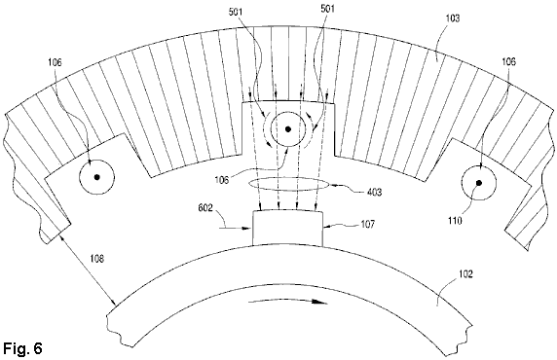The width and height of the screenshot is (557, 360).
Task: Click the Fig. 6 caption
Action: [22, 348]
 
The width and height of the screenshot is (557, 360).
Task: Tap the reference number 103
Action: [452, 18]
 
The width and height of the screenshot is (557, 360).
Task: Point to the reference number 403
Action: [374, 192]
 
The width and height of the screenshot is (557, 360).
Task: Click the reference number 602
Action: [205, 207]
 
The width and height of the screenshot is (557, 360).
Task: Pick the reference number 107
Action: [367, 225]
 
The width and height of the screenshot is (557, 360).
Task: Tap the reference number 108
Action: [96, 259]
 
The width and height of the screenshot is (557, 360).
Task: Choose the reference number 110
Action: [455, 221]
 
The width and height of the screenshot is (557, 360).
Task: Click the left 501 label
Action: [235, 12]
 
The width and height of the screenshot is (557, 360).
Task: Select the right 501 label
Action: [327, 9]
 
